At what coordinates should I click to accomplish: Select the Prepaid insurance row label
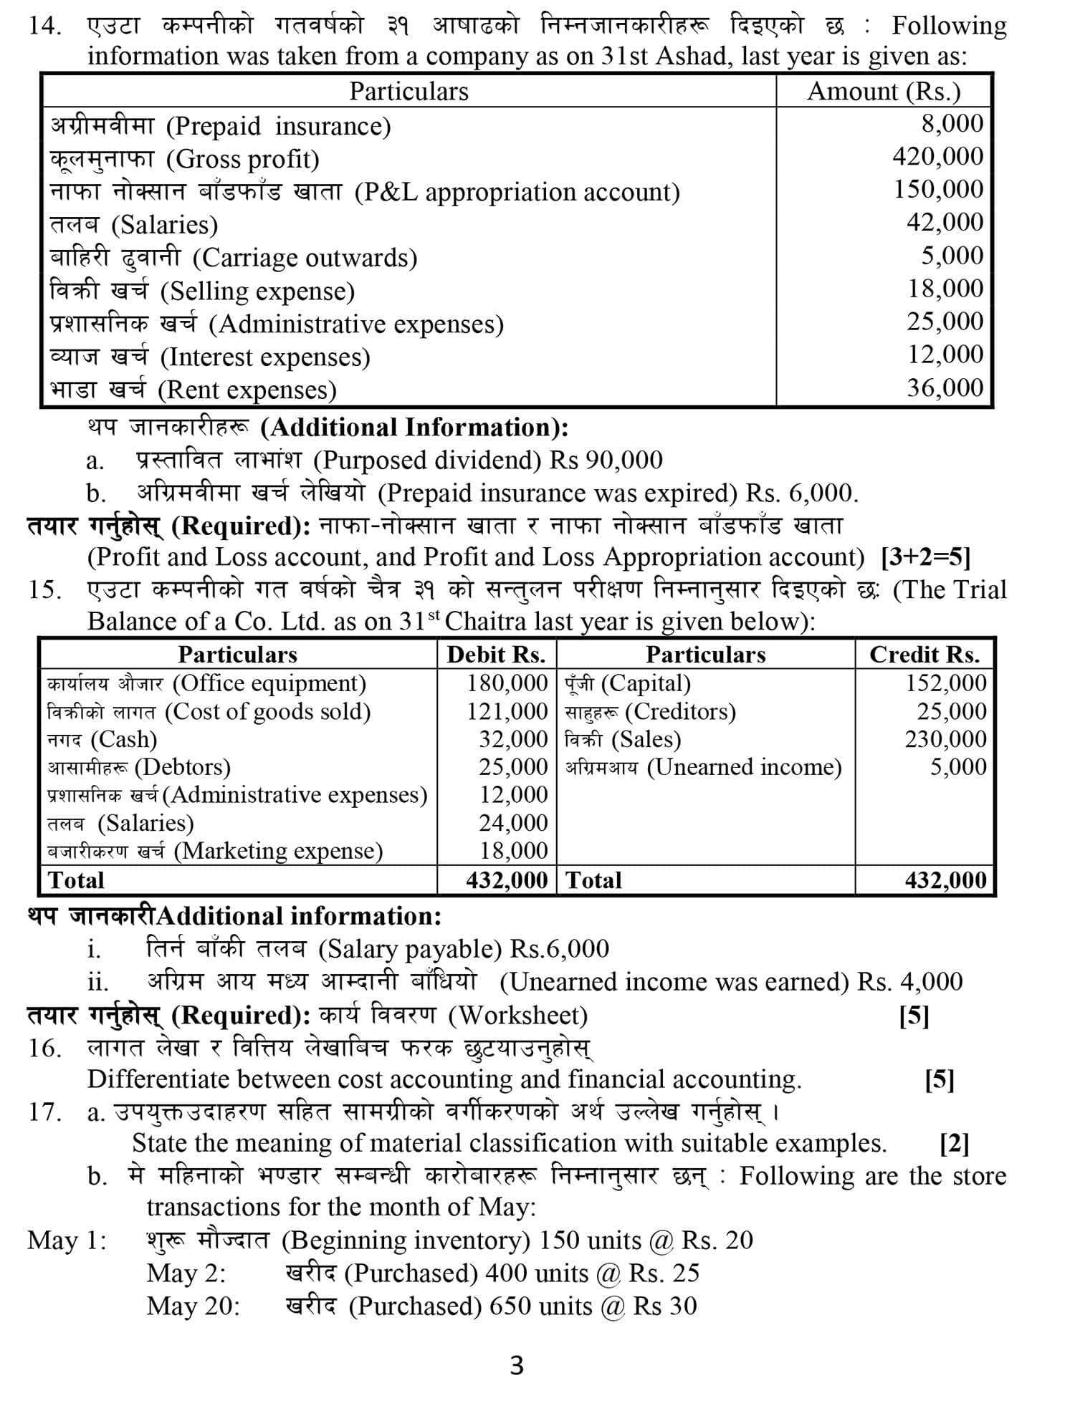(x=221, y=127)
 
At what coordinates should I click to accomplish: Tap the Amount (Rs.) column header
(x=883, y=92)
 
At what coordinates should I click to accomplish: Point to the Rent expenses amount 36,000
(x=945, y=388)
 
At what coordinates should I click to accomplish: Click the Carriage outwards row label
(x=234, y=258)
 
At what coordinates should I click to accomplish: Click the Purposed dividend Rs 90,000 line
(x=398, y=461)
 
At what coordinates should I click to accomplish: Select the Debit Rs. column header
(x=496, y=655)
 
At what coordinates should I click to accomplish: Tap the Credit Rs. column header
(x=924, y=655)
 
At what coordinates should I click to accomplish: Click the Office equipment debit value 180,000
(x=507, y=683)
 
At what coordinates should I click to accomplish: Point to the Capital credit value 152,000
(x=945, y=683)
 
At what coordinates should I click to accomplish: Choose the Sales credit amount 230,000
(x=945, y=739)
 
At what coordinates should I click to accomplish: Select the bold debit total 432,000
(x=507, y=880)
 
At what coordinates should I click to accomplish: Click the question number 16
(x=44, y=1049)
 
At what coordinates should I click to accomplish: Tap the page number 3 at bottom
(x=517, y=1366)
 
